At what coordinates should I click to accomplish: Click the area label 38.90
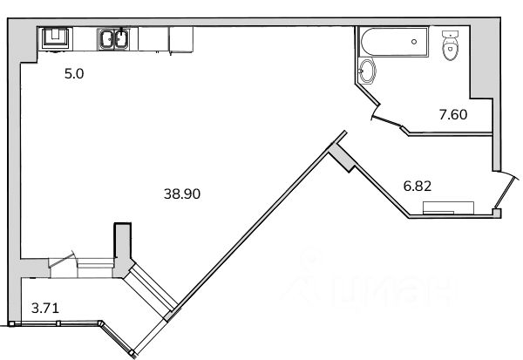pyautogui.click(x=182, y=194)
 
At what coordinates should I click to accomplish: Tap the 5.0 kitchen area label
pyautogui.click(x=74, y=74)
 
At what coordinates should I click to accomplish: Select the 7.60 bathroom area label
pyautogui.click(x=453, y=114)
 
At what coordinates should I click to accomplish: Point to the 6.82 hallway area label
pyautogui.click(x=418, y=186)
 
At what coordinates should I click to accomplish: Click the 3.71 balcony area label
pyautogui.click(x=45, y=308)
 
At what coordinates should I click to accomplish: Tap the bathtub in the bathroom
pyautogui.click(x=393, y=42)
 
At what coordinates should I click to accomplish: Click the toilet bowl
pyautogui.click(x=451, y=49)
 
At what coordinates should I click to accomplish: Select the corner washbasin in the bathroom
pyautogui.click(x=367, y=71)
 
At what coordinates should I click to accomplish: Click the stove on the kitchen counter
pyautogui.click(x=56, y=38)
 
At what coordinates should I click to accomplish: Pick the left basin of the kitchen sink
pyautogui.click(x=107, y=39)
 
